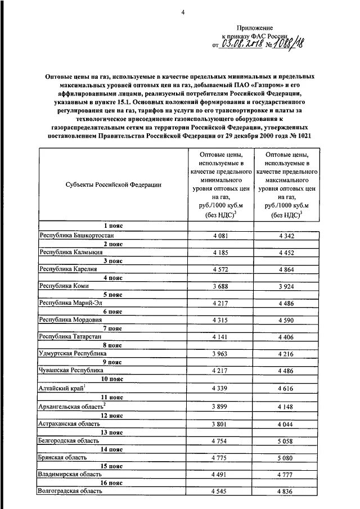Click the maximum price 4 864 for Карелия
click(286, 269)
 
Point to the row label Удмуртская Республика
click(73, 354)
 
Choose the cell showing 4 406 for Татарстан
click(286, 337)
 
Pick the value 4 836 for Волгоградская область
click(286, 491)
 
